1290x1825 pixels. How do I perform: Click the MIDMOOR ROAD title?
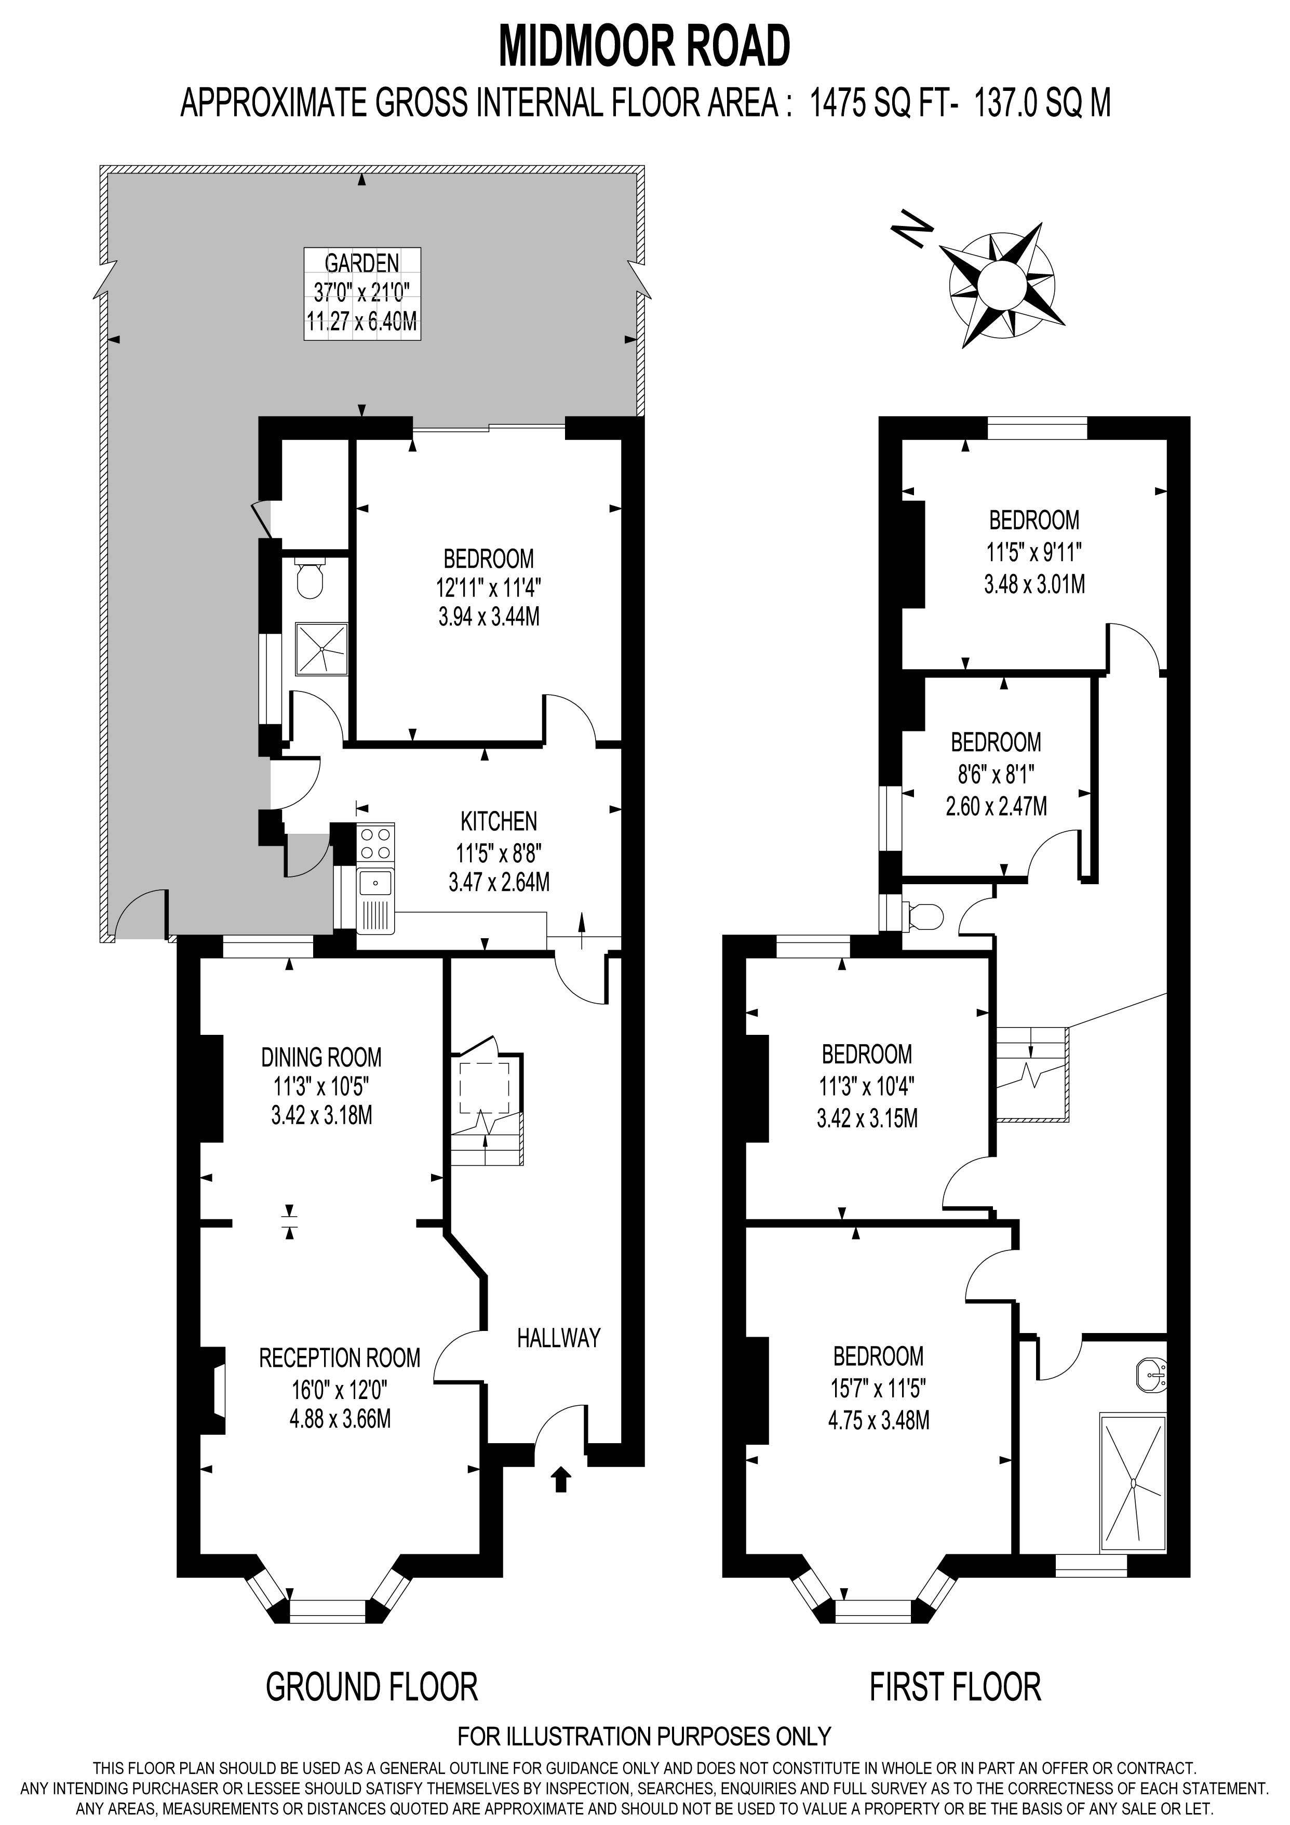pyautogui.click(x=644, y=47)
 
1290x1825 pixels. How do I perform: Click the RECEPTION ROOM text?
pyautogui.click(x=340, y=1357)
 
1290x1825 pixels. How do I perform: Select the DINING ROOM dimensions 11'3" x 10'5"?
pyautogui.click(x=321, y=1086)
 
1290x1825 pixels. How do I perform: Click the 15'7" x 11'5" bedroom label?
pyautogui.click(x=878, y=1388)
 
